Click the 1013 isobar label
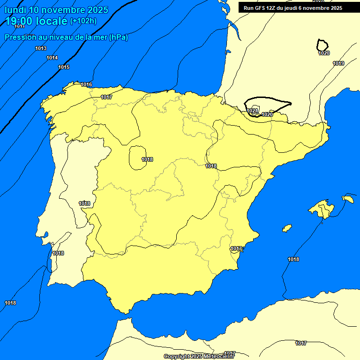[x=41, y=49]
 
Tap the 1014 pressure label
[x=52, y=58]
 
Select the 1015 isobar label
[x=64, y=67]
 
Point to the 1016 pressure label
[x=86, y=84]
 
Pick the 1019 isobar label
[x=338, y=63]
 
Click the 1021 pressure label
[x=253, y=111]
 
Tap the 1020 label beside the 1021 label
[x=267, y=114]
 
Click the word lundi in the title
[x=15, y=10]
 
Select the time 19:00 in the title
[x=18, y=21]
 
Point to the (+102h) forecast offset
[x=83, y=21]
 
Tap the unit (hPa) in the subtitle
[x=118, y=37]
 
